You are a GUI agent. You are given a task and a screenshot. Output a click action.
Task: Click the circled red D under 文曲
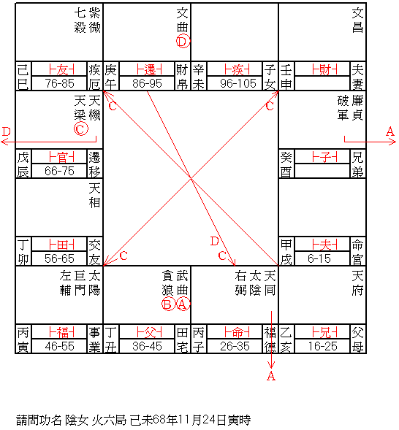pyautogui.click(x=183, y=42)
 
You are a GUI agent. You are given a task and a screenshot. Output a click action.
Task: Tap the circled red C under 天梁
pyautogui.click(x=81, y=129)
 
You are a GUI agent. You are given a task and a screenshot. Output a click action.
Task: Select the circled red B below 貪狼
pyautogui.click(x=168, y=304)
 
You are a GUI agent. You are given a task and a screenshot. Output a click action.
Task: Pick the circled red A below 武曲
pyautogui.click(x=183, y=304)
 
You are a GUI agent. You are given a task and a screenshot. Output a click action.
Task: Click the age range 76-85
pyautogui.click(x=59, y=83)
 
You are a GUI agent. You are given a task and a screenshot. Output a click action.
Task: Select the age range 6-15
pyautogui.click(x=319, y=258)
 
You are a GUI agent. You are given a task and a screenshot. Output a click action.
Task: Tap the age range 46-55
pyautogui.click(x=59, y=346)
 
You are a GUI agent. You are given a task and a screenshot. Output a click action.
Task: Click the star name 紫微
pyautogui.click(x=95, y=20)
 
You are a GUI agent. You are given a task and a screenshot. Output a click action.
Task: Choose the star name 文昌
pyautogui.click(x=357, y=20)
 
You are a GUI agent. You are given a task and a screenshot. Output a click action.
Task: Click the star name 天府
pyautogui.click(x=357, y=283)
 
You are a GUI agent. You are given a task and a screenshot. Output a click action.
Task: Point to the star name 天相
pyautogui.click(x=95, y=196)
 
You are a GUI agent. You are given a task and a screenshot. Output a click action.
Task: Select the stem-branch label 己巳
pyautogui.click(x=23, y=77)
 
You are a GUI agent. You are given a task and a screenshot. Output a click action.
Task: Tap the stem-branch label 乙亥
pyautogui.click(x=286, y=339)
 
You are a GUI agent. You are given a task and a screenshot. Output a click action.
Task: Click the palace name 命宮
pyautogui.click(x=357, y=252)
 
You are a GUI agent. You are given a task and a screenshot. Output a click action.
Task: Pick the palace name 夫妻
pyautogui.click(x=357, y=77)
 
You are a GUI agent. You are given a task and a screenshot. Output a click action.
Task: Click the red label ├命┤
pyautogui.click(x=237, y=332)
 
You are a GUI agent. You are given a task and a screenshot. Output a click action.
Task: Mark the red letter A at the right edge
pyautogui.click(x=390, y=131)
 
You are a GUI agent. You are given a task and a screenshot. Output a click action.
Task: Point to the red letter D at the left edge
pyautogui.click(x=6, y=131)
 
